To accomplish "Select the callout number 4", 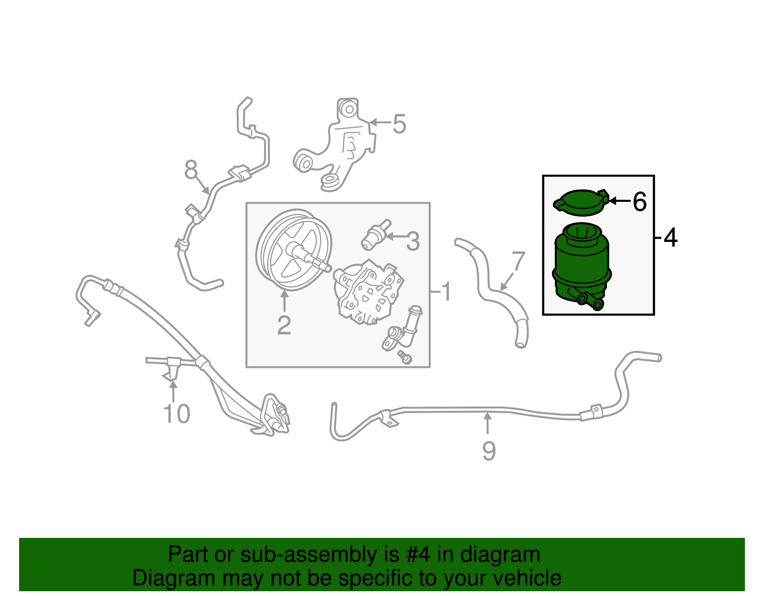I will [671, 237].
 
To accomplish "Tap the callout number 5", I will [399, 124].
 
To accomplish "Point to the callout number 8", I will [191, 169].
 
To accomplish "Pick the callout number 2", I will [284, 325].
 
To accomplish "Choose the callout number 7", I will [518, 261].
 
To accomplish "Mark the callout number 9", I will [488, 451].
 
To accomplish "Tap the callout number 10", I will [177, 414].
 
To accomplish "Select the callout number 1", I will [446, 292].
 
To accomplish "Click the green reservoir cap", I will [579, 202].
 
